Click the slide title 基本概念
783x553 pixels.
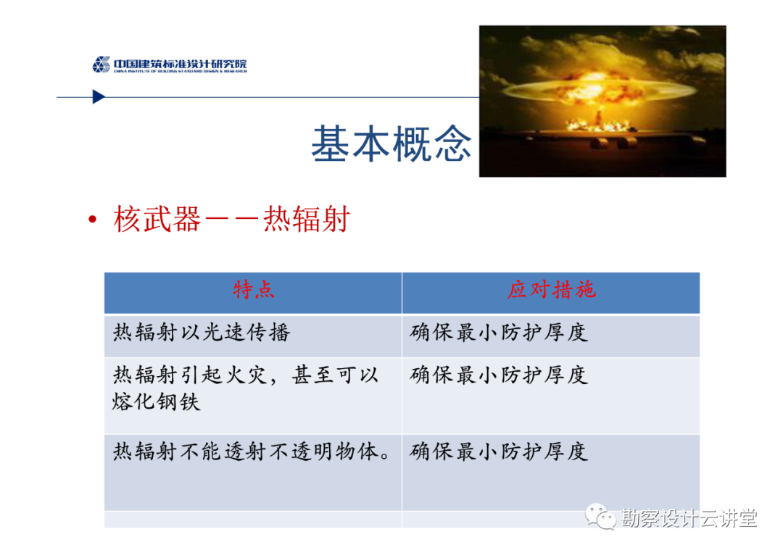pyautogui.click(x=391, y=144)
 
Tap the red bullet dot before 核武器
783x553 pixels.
pyautogui.click(x=92, y=219)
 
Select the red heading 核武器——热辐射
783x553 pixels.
pyautogui.click(x=232, y=219)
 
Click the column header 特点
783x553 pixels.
pyautogui.click(x=253, y=290)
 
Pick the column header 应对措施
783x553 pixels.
pyautogui.click(x=551, y=290)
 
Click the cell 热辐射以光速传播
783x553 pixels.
pyautogui.click(x=202, y=333)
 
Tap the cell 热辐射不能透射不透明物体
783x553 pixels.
pyautogui.click(x=251, y=452)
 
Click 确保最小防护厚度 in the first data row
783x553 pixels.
pyautogui.click(x=499, y=333)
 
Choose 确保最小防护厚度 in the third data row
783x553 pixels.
pyautogui.click(x=499, y=452)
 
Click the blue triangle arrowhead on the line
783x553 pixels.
pyautogui.click(x=99, y=97)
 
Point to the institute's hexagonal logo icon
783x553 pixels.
pyautogui.click(x=101, y=65)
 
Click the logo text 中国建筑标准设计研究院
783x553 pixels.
pyautogui.click(x=181, y=63)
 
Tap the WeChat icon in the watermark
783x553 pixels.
pyautogui.click(x=600, y=517)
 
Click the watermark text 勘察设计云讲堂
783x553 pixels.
pyautogui.click(x=689, y=518)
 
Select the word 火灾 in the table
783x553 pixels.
pyautogui.click(x=246, y=375)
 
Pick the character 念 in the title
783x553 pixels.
pyautogui.click(x=452, y=144)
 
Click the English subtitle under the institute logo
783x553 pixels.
pyautogui.click(x=181, y=71)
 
